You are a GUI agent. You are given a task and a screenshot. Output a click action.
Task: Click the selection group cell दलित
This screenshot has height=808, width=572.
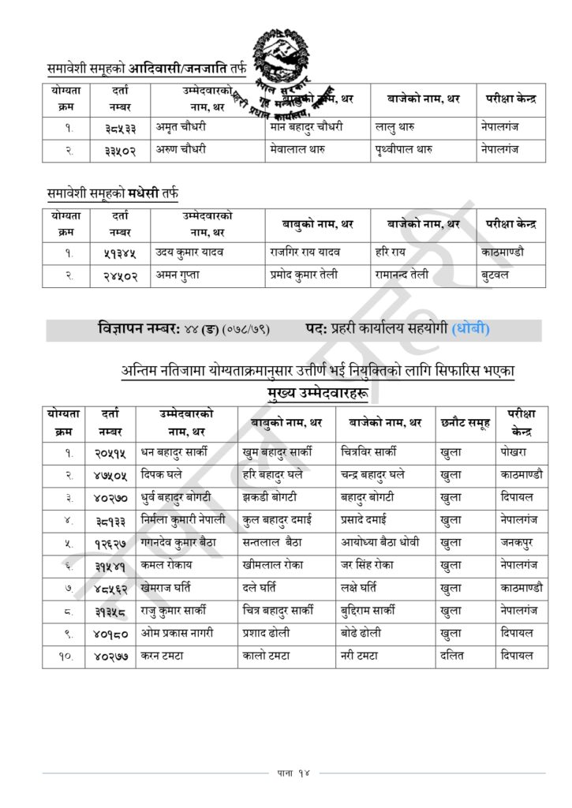click(455, 654)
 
